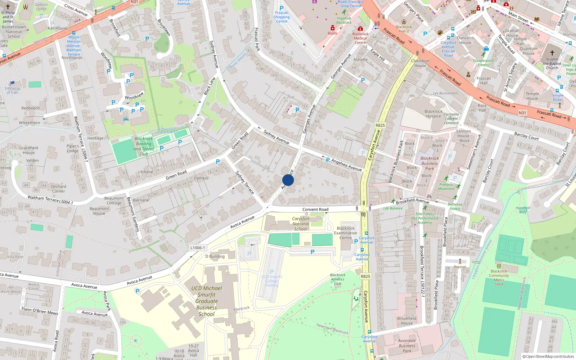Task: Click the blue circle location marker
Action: [288, 180]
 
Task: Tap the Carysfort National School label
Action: [301, 224]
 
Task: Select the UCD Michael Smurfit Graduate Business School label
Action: [207, 301]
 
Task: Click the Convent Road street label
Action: [315, 209]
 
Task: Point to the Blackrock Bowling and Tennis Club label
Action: [144, 146]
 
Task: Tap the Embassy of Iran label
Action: [12, 90]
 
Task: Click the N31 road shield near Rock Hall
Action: [522, 113]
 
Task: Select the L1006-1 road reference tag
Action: [198, 248]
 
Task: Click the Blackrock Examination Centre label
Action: [346, 233]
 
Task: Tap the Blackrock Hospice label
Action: [433, 114]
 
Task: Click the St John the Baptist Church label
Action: [552, 63]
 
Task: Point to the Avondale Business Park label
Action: [407, 346]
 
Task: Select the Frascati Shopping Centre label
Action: [282, 17]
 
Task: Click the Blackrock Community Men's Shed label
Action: [499, 278]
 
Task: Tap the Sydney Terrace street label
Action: [244, 183]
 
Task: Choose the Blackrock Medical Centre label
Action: [360, 38]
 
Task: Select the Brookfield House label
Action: [407, 320]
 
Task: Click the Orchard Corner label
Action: [58, 189]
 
